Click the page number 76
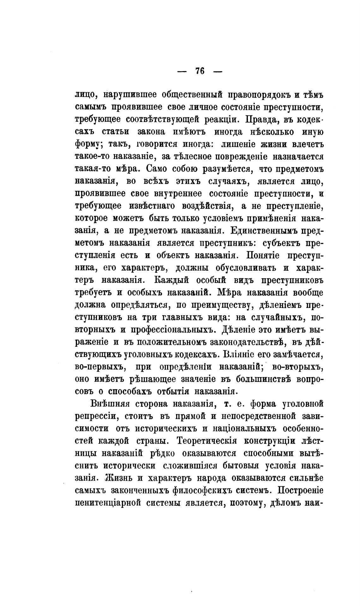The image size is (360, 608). pos(200,71)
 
